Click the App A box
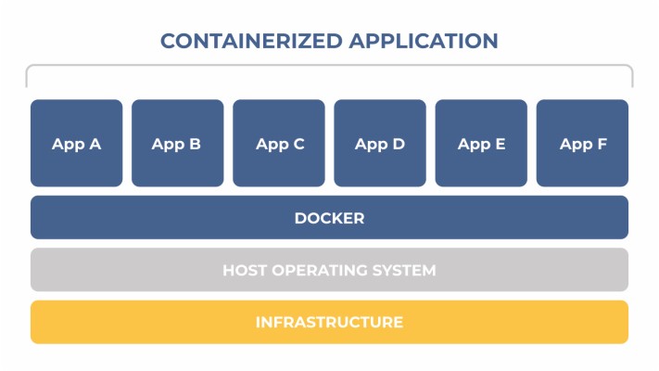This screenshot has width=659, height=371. (x=76, y=144)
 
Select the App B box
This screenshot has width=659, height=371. (x=177, y=144)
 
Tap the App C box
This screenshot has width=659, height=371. (x=279, y=144)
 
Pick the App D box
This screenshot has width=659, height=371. (x=380, y=144)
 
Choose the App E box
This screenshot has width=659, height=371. (x=481, y=144)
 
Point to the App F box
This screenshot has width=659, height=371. (x=582, y=144)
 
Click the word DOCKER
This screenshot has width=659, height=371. (x=329, y=219)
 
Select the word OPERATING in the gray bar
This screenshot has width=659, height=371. (x=320, y=271)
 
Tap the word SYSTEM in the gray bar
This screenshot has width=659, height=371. (x=404, y=271)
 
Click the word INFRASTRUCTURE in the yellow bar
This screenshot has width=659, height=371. (x=329, y=323)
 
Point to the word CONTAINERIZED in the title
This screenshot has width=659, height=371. (x=245, y=41)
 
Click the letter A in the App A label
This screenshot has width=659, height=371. (x=95, y=144)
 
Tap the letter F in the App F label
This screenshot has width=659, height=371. (x=602, y=144)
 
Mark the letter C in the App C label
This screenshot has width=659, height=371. (x=298, y=144)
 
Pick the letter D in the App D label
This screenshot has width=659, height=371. (x=399, y=144)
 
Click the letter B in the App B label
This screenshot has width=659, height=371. (x=195, y=144)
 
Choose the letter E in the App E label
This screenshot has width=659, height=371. (x=500, y=144)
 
